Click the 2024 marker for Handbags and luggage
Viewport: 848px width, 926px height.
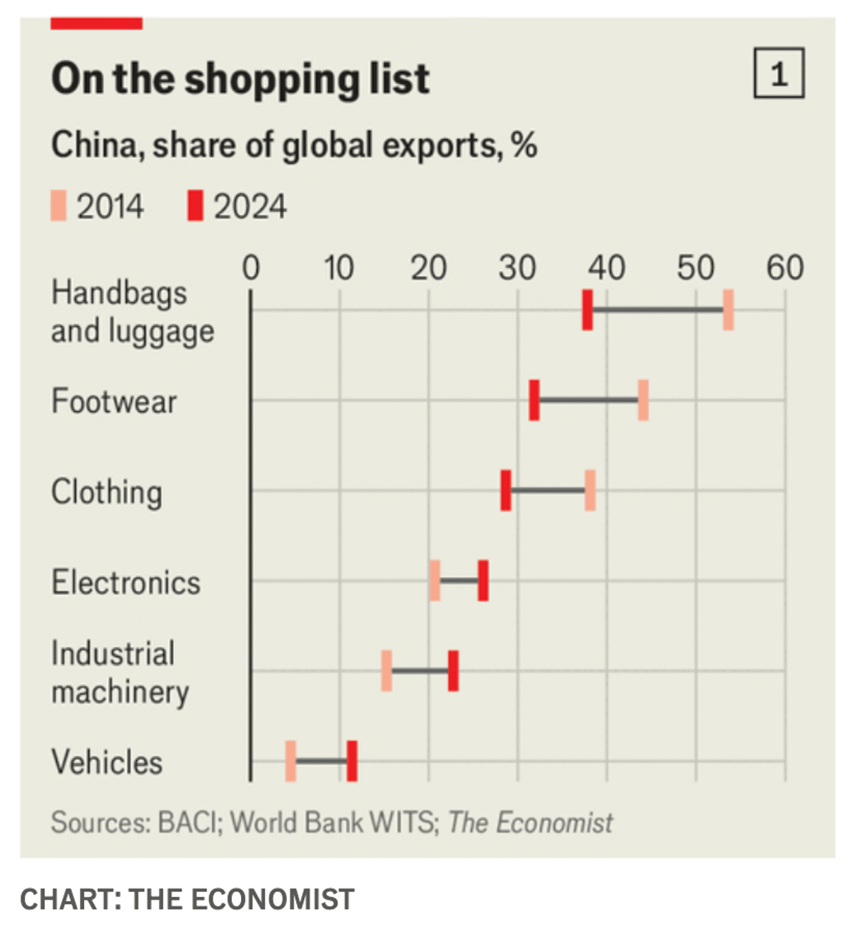coord(587,310)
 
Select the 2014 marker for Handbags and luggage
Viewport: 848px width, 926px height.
coord(728,310)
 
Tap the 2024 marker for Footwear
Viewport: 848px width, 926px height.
coord(534,400)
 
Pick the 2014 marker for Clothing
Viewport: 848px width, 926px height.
coord(590,490)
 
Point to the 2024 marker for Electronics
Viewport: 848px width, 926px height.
coord(483,581)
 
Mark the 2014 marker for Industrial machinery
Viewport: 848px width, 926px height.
coord(387,671)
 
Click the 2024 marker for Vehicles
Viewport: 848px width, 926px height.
coord(352,761)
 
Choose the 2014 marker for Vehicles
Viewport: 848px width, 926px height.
coord(290,761)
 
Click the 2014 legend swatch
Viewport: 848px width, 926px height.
coord(59,206)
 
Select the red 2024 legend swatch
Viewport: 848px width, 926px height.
coord(195,206)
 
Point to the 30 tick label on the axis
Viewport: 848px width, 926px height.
coord(517,268)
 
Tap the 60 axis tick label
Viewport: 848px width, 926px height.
coord(784,268)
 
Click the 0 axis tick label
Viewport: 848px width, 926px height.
coord(251,268)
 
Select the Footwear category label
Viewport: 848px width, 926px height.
coord(114,401)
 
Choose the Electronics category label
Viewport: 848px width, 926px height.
coord(126,583)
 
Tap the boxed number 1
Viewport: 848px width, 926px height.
coord(779,73)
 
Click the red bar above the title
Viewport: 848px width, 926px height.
coord(97,23)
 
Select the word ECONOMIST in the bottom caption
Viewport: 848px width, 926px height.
coord(272,899)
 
